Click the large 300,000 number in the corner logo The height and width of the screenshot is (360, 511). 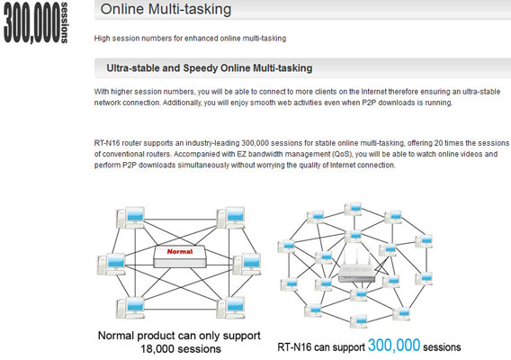coord(32,22)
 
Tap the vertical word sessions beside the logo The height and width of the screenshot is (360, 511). coord(64,22)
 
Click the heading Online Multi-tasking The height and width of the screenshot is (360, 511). coord(166,9)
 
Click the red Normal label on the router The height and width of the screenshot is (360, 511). coord(180,251)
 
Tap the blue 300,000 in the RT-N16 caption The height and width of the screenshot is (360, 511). coord(394,345)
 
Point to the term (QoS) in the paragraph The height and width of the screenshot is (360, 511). coord(342,154)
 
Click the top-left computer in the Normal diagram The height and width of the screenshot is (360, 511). coord(130,218)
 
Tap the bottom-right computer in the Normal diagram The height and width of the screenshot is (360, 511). coord(230,308)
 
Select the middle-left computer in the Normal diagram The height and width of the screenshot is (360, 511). coord(112,264)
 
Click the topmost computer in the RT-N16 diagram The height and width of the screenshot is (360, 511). coord(353,209)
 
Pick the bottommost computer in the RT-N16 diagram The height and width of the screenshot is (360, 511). coord(358,321)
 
